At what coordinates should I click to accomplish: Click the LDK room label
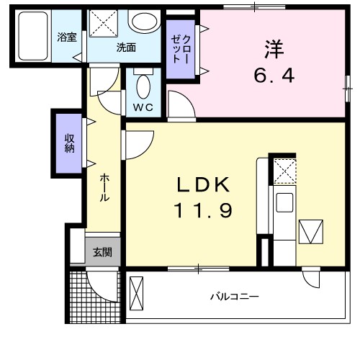pyautogui.click(x=204, y=185)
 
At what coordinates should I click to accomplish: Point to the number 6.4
pyautogui.click(x=274, y=76)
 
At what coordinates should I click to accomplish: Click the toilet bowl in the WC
pyautogui.click(x=143, y=87)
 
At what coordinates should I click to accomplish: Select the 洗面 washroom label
pyautogui.click(x=127, y=48)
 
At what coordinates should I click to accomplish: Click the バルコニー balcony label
pyautogui.click(x=234, y=296)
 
